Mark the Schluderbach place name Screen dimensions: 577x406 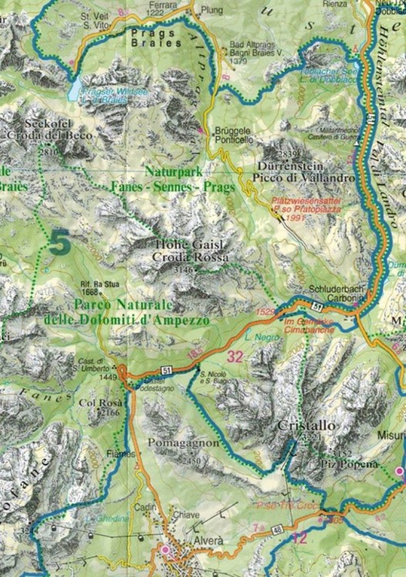click(x=310, y=282)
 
